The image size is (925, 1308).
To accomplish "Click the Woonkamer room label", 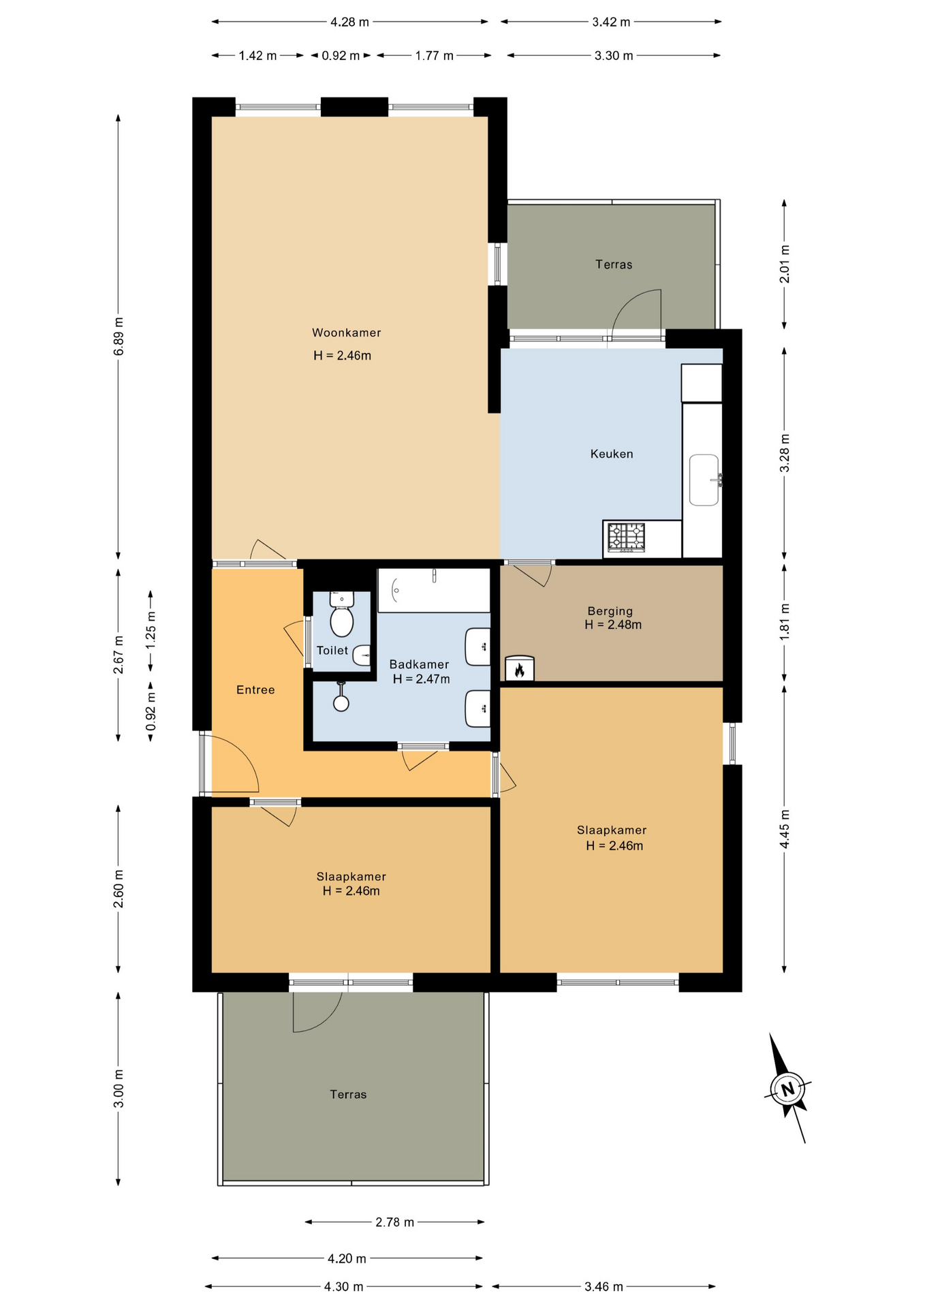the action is coord(346,332).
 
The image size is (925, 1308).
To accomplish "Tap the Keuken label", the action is coord(612,454).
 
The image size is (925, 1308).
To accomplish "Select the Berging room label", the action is coord(610,611).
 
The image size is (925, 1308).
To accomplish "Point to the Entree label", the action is coord(255,689).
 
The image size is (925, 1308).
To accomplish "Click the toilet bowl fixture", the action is coord(341,614).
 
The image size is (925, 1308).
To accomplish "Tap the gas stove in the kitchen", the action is coord(626,537).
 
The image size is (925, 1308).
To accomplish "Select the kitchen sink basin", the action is coord(704,480).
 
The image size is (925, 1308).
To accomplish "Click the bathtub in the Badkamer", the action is coord(434,590).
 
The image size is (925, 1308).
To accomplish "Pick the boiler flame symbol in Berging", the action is coord(520,669).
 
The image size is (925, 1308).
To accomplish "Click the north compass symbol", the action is coord(787,1088).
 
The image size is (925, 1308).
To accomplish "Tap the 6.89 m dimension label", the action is coord(119,337).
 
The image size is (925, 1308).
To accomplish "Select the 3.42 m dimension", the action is coord(611,22).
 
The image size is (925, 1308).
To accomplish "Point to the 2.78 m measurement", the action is coord(394,1222).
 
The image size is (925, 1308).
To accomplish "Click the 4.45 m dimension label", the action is coord(785,829).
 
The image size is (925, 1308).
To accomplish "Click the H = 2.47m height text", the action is coord(421,679).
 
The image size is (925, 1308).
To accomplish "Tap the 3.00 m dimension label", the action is coord(119,1088).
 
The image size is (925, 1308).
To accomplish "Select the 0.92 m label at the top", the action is coord(341,56).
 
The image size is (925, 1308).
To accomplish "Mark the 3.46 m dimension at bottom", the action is coord(603,1286).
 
